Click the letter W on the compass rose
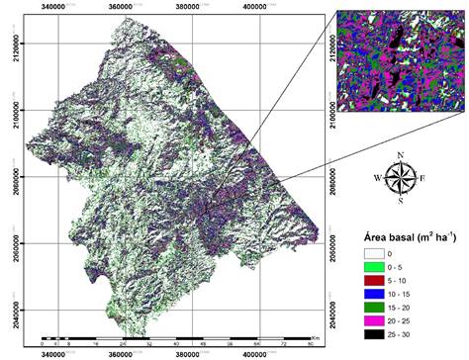(378, 178)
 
